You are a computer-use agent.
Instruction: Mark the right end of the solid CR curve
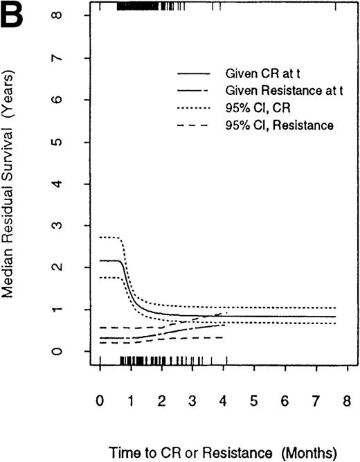pyautogui.click(x=336, y=317)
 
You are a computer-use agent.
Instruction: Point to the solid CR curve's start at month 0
pyautogui.click(x=101, y=260)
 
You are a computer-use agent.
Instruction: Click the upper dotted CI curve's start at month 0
pyautogui.click(x=101, y=237)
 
